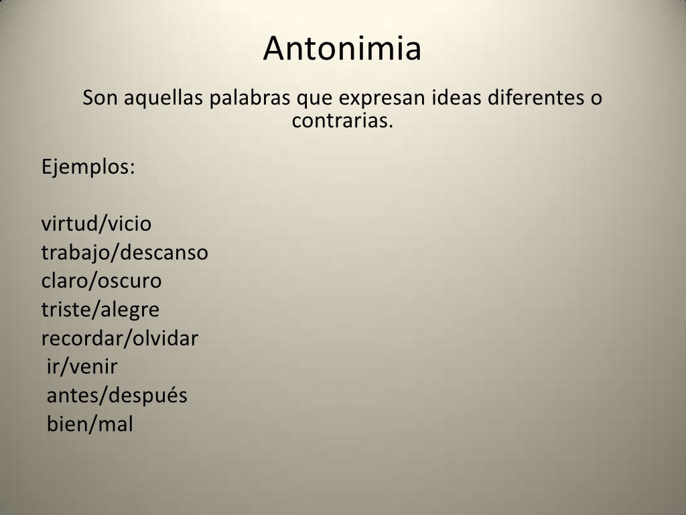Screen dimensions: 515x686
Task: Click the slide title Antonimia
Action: (342, 49)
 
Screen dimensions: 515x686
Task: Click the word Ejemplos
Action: (85, 166)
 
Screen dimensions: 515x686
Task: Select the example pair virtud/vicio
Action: (96, 223)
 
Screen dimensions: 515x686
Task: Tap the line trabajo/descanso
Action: (125, 253)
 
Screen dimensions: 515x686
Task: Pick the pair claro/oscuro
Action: (101, 281)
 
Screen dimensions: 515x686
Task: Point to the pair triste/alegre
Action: (100, 310)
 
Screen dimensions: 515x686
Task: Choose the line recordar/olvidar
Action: (120, 339)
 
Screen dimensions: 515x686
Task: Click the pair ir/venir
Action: (82, 367)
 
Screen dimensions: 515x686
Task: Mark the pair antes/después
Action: (117, 396)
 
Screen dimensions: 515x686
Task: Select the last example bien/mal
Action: (90, 424)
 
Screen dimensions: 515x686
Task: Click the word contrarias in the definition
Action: (341, 121)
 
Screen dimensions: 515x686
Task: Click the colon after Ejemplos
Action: (131, 168)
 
